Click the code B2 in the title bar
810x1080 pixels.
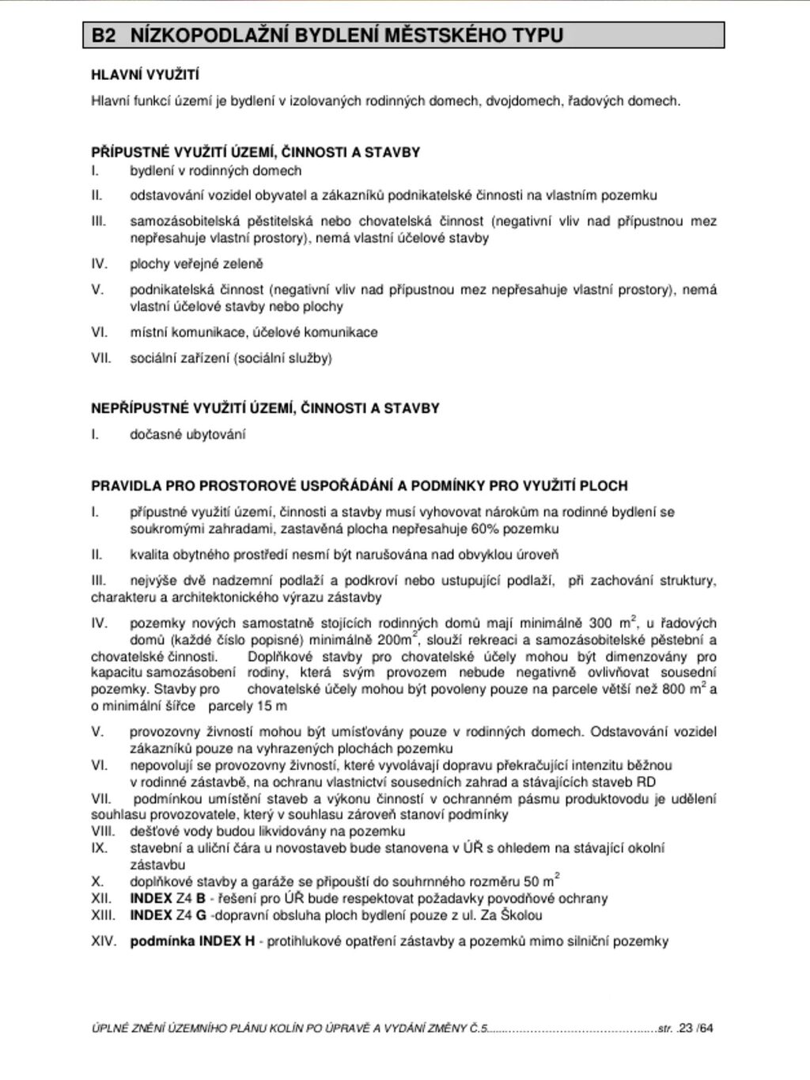[x=103, y=36]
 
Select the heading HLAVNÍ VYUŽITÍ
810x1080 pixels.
[x=145, y=75]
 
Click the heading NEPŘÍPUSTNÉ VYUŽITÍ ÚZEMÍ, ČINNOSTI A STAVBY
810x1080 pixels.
[x=265, y=409]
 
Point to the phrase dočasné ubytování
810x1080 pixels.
[x=187, y=434]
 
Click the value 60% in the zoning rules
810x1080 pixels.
[x=486, y=529]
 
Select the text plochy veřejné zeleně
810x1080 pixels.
[x=196, y=264]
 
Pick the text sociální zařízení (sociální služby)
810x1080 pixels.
[x=231, y=358]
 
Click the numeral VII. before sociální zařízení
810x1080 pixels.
[x=102, y=358]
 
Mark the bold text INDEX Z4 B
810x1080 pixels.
[x=168, y=899]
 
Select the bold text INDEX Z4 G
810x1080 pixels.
[x=168, y=915]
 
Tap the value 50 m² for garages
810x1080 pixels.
[x=541, y=881]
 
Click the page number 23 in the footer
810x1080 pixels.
[x=685, y=1029]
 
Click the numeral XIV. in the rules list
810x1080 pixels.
[x=104, y=942]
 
